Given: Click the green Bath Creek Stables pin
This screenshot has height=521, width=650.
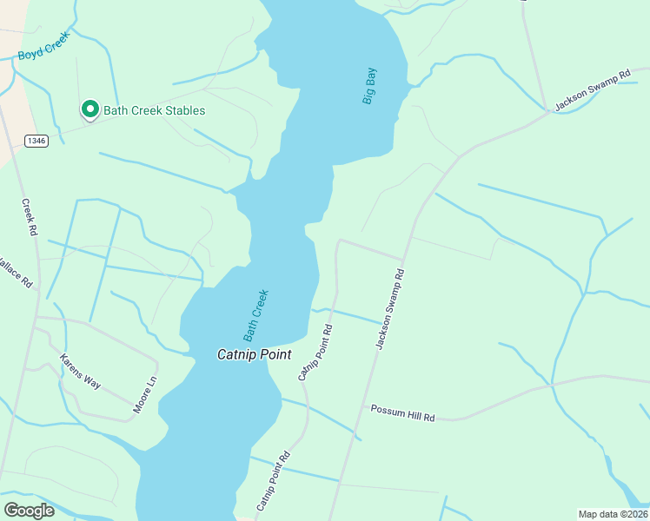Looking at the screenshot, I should (x=90, y=109).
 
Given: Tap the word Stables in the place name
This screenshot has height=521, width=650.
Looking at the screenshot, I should (x=182, y=110).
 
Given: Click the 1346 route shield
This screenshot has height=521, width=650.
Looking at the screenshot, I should (x=36, y=141).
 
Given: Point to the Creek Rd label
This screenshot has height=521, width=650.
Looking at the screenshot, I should (x=30, y=217).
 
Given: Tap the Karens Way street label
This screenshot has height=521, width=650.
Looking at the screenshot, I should (x=82, y=371).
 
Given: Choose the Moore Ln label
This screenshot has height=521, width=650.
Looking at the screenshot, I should (x=146, y=393).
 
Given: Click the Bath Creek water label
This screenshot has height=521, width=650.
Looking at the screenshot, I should (x=255, y=314).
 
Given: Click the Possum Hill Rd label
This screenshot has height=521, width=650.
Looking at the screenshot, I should (x=401, y=413).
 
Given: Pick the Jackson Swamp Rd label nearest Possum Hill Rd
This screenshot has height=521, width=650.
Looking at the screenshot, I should (x=390, y=309).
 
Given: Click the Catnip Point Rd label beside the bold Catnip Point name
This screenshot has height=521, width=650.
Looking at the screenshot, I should (x=315, y=353).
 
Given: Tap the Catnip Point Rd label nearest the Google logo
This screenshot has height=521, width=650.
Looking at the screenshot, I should (x=272, y=480).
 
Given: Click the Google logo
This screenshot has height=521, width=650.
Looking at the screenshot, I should (x=29, y=510).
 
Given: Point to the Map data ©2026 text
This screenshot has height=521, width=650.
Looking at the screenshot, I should (x=613, y=514).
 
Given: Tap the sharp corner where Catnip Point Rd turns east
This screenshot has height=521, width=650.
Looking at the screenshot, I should (x=338, y=241).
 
